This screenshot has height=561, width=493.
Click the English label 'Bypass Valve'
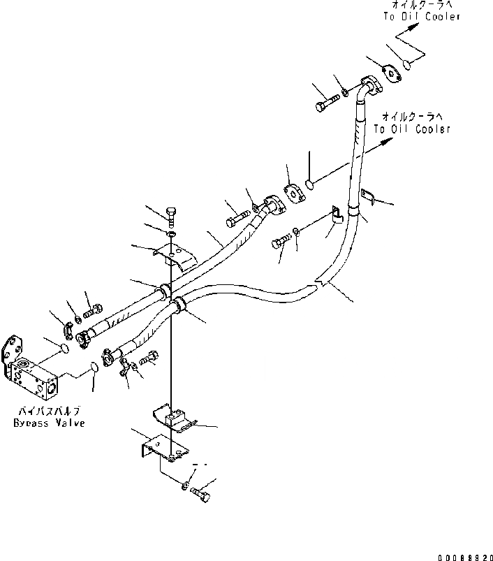tap(48, 424)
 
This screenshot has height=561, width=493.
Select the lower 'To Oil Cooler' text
tap(412, 129)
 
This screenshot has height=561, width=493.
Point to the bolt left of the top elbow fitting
tap(328, 102)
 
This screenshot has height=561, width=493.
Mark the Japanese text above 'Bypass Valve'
tap(48, 413)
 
